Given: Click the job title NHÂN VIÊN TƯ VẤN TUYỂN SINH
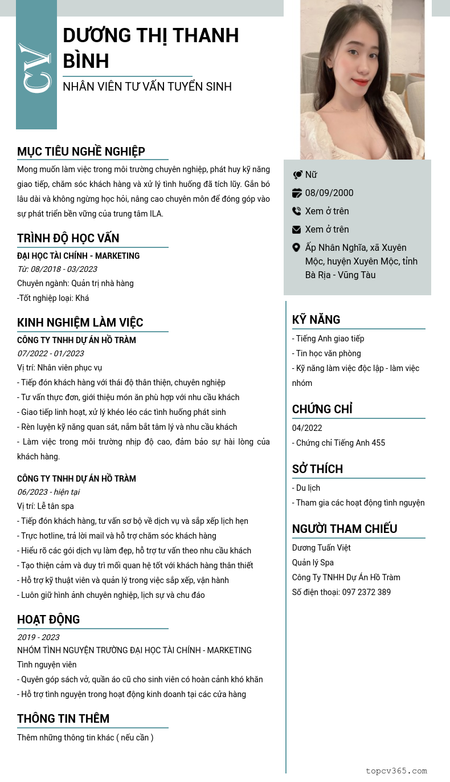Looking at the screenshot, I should [147, 87].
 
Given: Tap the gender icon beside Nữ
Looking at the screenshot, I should [297, 174].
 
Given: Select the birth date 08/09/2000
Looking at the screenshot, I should [329, 193].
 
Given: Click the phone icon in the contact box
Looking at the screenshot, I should [297, 211].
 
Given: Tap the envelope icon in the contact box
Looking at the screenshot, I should [297, 229].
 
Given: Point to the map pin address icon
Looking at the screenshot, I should [297, 247].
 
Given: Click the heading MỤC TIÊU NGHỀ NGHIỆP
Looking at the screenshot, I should [81, 152].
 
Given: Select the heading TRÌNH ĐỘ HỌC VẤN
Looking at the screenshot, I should [68, 238].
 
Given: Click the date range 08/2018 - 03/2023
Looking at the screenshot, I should [57, 269].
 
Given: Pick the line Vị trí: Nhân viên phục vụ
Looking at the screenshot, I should [60, 368].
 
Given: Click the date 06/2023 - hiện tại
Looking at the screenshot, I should [48, 492].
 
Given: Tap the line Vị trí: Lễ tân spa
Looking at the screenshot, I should [46, 506].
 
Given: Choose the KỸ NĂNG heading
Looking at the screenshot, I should [316, 320].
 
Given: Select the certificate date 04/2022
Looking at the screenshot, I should [307, 428].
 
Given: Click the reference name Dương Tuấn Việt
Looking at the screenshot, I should [321, 548].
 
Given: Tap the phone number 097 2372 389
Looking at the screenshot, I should [366, 592].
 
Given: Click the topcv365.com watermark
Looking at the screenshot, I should [396, 771].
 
